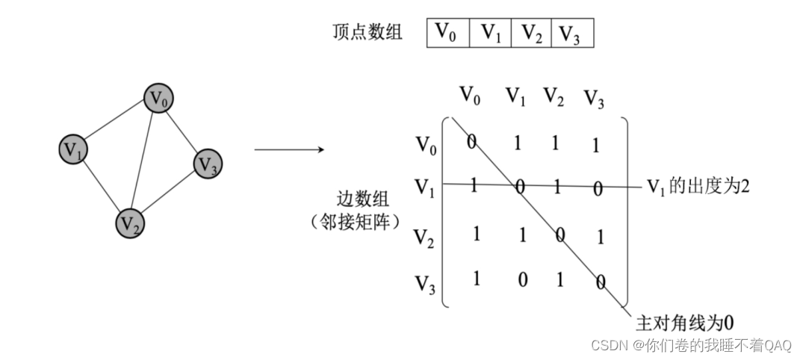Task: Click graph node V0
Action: point(158,99)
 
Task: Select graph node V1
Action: point(73,149)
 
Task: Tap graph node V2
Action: point(130,221)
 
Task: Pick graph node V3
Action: point(208,164)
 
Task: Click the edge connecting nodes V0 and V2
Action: point(144,159)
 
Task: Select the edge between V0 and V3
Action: point(183,131)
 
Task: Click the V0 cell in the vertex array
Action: point(447,33)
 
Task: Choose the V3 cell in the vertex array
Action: point(571,33)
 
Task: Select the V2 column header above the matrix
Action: point(554,96)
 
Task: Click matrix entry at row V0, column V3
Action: point(595,146)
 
